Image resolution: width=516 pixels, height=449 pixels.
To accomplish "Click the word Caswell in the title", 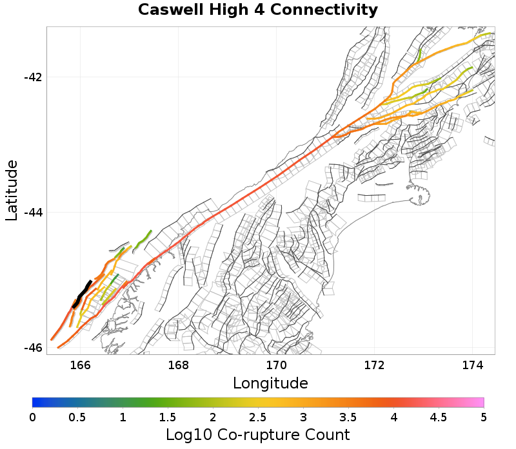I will (170, 10).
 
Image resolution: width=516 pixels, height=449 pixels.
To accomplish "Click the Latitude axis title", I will (12, 191).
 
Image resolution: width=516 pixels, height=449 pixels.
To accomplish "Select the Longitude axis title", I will (270, 383).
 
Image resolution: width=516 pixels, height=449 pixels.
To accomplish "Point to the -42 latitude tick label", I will (33, 77).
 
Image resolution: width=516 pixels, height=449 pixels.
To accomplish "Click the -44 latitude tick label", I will (33, 213).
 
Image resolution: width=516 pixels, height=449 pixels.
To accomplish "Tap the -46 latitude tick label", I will (33, 348).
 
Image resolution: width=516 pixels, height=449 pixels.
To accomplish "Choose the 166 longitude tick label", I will (80, 365).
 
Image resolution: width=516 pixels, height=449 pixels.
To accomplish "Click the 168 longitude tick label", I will (178, 365).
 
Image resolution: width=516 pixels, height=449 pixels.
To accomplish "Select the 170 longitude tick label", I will (277, 365).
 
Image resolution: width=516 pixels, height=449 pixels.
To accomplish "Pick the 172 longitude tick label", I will (375, 365).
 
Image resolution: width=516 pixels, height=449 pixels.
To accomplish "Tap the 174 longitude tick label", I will (473, 365).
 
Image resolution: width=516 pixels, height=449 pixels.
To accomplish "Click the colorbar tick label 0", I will (33, 417).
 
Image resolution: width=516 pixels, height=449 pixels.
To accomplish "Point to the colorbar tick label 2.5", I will (258, 417).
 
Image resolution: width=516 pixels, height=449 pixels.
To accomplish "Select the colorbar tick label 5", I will (484, 417).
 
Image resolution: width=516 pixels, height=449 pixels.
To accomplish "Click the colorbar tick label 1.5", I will (168, 417).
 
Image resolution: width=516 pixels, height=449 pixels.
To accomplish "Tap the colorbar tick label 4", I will (393, 417).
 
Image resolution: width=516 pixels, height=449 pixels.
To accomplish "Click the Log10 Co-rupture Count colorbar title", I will (258, 434).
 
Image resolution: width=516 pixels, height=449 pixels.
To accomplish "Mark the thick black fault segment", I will (81, 294).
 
